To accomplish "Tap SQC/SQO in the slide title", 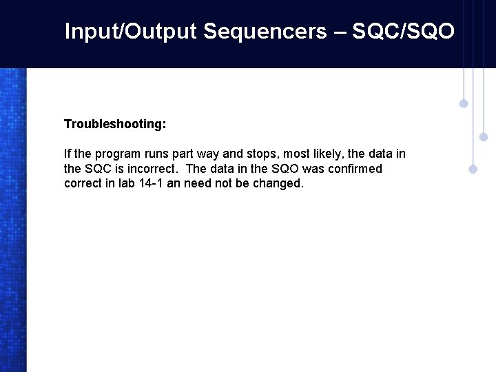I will [x=403, y=31].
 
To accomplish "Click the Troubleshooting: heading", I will [x=115, y=124].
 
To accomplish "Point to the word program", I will [x=118, y=154].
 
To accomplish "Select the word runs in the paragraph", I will [x=157, y=154].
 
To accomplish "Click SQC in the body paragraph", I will [x=97, y=169].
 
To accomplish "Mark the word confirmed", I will [x=355, y=169].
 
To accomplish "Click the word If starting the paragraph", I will [x=68, y=154].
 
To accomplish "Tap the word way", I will [x=208, y=154].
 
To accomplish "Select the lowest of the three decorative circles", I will [x=473, y=169].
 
